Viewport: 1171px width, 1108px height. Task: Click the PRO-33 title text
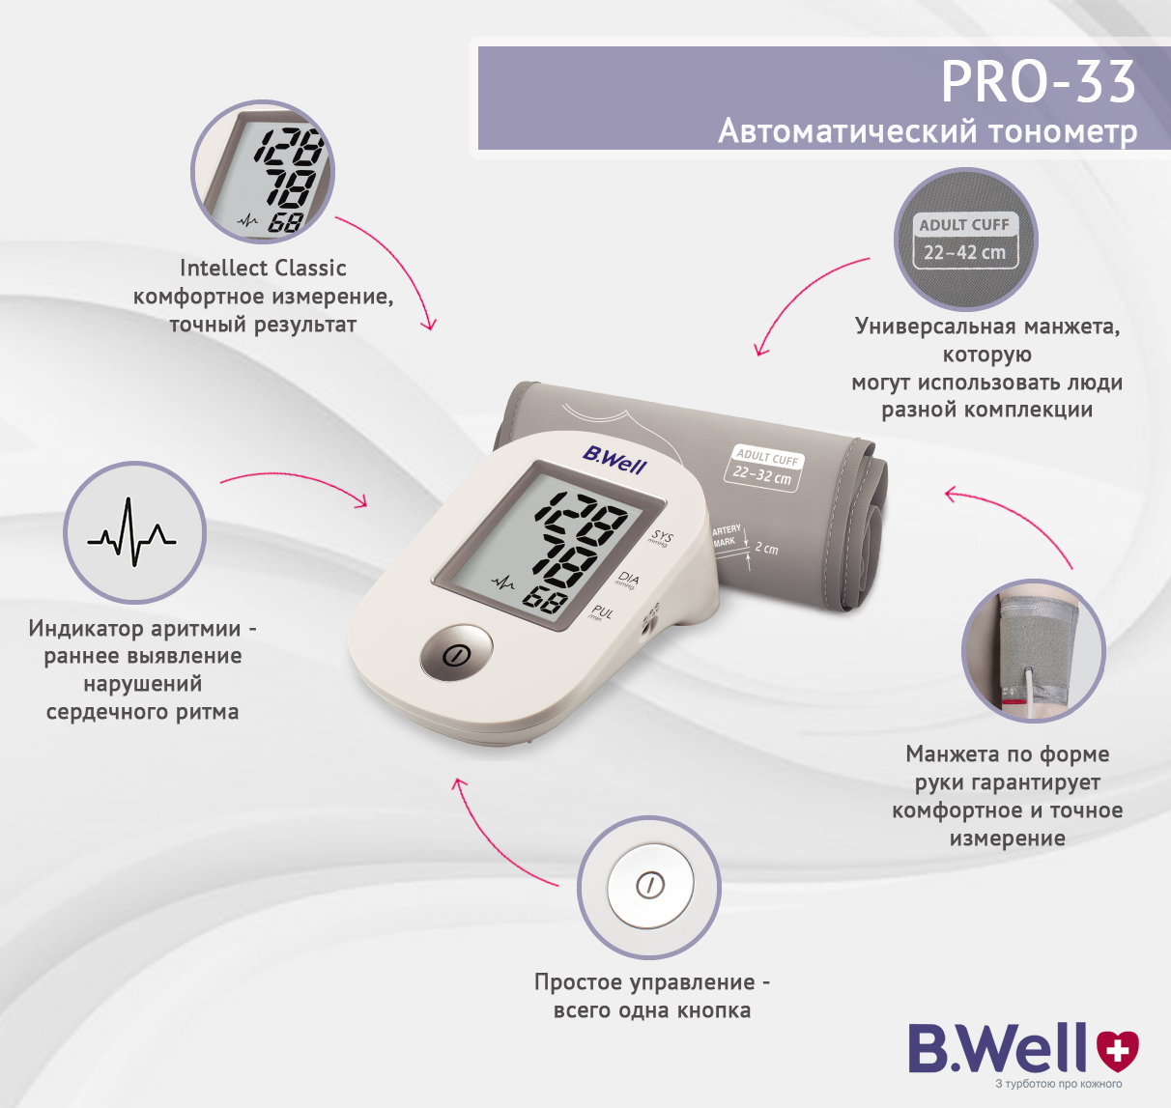(x=1039, y=83)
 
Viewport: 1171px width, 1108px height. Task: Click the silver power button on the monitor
(x=457, y=652)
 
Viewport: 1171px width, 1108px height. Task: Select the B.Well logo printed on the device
(x=614, y=460)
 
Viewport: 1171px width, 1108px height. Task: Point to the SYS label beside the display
(x=660, y=537)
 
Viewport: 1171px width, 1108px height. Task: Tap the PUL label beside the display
(x=601, y=612)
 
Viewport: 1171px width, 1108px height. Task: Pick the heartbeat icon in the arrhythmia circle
(x=131, y=532)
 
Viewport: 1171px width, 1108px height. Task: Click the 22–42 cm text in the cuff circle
(x=964, y=252)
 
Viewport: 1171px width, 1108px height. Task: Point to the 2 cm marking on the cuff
(x=766, y=548)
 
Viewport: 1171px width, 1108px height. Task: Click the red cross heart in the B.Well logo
(x=1118, y=1049)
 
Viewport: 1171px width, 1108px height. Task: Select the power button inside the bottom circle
(x=650, y=885)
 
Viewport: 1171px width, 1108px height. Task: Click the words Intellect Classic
(x=263, y=269)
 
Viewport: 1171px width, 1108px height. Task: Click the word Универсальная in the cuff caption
(x=935, y=327)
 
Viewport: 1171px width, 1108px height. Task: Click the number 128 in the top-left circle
(x=291, y=147)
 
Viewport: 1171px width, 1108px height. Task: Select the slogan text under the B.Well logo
(x=1058, y=1084)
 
